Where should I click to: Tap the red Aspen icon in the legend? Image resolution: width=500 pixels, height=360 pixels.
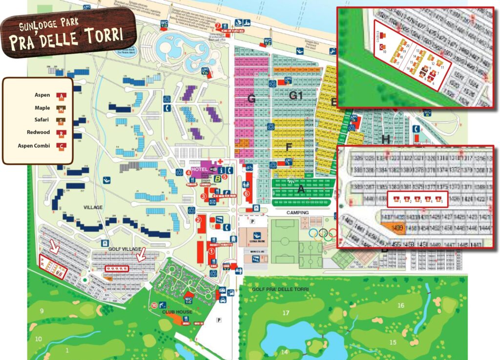(x=62, y=96)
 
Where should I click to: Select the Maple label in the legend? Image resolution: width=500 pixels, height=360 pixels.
(x=42, y=108)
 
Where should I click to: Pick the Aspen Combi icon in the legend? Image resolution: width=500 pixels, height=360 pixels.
(x=62, y=146)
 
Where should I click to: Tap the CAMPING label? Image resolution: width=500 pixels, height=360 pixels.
(x=297, y=213)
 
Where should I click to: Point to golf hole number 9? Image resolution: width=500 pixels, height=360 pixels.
(x=42, y=311)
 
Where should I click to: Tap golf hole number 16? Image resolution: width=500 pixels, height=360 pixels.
(x=400, y=305)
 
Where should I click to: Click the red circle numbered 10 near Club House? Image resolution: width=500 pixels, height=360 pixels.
(x=154, y=306)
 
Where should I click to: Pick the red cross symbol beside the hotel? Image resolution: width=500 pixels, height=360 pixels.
(x=220, y=161)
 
